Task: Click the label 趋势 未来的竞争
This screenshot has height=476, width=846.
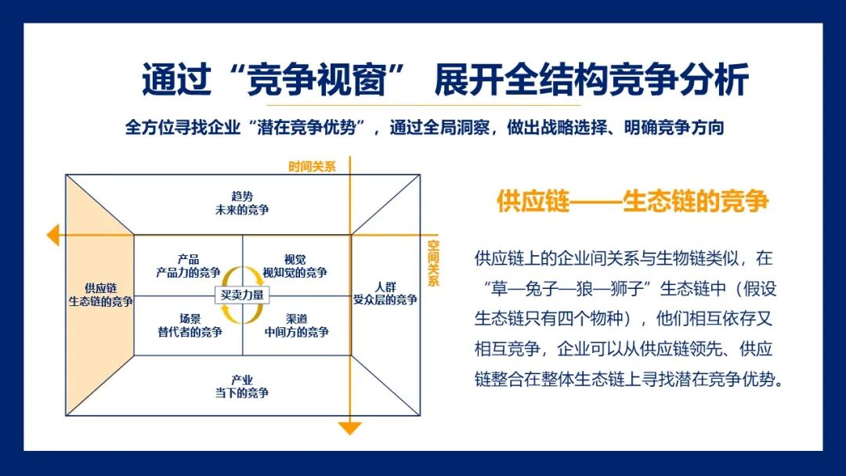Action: point(243,203)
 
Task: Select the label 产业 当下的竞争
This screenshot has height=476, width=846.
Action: point(242,386)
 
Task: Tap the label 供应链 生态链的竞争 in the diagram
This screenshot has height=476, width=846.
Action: point(100,294)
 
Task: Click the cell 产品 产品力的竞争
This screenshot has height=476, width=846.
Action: point(188,265)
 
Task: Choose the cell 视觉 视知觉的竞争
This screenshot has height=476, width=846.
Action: point(295,265)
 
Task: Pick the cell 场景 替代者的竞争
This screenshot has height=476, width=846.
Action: point(189,325)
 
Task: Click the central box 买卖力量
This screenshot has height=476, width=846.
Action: point(242,295)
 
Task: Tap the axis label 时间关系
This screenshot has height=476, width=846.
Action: point(312,166)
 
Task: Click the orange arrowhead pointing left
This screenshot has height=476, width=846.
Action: point(52,234)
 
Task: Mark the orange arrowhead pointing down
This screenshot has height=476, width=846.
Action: point(349,427)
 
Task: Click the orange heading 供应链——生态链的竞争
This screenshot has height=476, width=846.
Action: point(632,201)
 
